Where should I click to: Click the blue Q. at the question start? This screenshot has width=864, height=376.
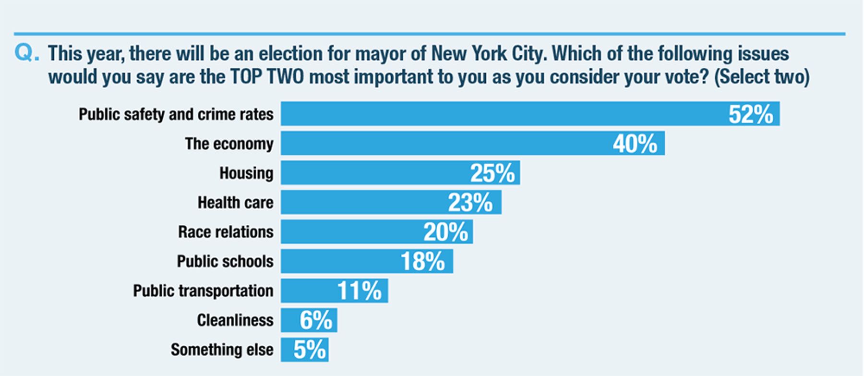click(27, 53)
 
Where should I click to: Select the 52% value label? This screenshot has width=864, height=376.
click(751, 114)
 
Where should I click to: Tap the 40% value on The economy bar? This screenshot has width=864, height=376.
click(635, 144)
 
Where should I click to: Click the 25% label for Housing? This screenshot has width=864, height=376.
click(492, 173)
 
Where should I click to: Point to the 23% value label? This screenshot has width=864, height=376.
click(470, 202)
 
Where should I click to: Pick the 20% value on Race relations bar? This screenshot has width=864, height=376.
click(446, 232)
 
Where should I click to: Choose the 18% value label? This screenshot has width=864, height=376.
click(423, 261)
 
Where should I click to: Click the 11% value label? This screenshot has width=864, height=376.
click(360, 291)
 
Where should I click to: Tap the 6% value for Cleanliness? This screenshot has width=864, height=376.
click(316, 320)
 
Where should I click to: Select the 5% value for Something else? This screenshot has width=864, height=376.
click(310, 350)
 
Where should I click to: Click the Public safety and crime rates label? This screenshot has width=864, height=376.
click(176, 114)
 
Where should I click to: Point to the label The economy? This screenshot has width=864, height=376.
click(229, 144)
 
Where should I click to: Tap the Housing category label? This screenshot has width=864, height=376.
click(246, 173)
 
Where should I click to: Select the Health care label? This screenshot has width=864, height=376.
click(236, 202)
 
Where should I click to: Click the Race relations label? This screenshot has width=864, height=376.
click(226, 232)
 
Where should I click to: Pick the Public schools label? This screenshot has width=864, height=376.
click(225, 261)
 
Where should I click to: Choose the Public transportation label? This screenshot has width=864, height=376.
click(203, 291)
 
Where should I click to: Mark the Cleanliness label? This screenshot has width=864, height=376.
click(235, 320)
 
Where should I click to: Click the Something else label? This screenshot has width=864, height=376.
click(222, 350)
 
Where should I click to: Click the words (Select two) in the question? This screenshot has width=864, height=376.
click(762, 77)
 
